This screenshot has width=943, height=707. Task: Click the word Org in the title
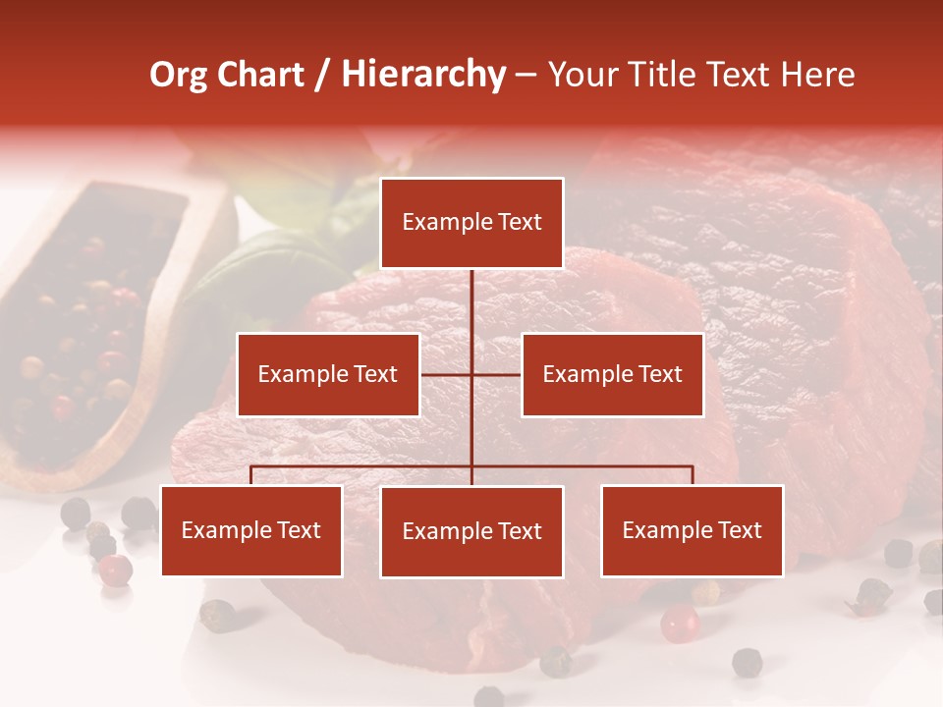point(179,75)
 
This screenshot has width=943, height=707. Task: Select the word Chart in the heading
point(259,75)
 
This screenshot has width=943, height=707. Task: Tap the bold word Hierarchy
point(423,75)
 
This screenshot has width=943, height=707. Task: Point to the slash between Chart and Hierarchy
point(323,75)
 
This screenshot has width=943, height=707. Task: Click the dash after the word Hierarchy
point(526,75)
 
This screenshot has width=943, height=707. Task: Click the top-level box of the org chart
point(471,223)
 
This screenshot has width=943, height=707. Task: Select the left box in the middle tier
point(328,374)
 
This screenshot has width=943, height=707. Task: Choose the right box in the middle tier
point(612,374)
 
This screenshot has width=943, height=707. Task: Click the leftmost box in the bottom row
point(251,530)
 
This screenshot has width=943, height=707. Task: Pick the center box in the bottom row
point(471,531)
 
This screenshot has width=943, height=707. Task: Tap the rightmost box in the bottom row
point(692,530)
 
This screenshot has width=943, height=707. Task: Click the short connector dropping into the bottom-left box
point(251,475)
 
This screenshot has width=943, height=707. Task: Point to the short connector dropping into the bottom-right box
point(693,475)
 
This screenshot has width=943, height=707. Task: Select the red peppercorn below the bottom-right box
point(679,623)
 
